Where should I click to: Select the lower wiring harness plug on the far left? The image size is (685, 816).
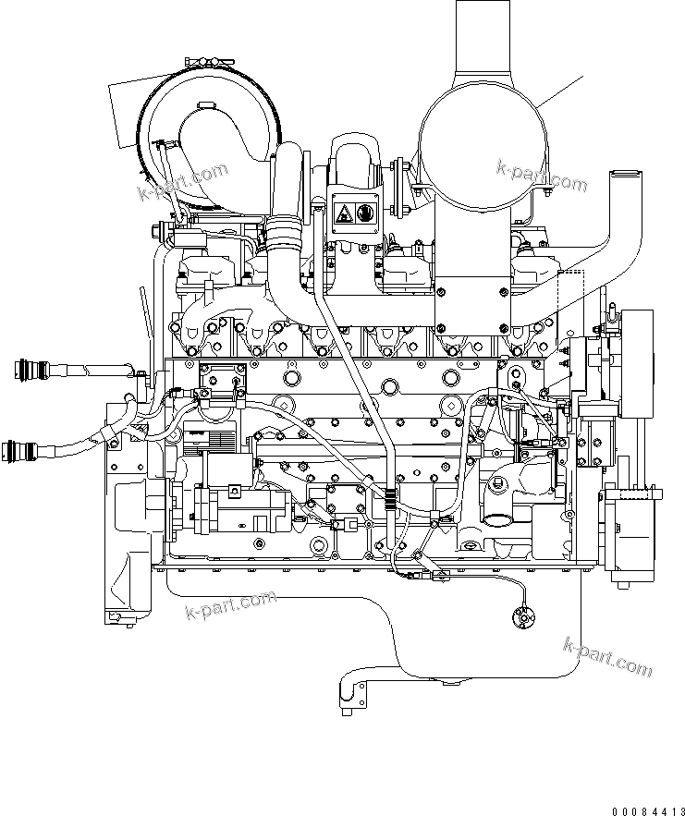[23, 452]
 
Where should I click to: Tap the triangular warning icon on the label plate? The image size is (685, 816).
[342, 214]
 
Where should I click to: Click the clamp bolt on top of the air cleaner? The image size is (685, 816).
[210, 62]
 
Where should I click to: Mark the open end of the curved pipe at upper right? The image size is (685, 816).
[624, 173]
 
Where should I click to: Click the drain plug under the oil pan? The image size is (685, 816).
[451, 683]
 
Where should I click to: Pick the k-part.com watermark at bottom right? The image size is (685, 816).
[608, 657]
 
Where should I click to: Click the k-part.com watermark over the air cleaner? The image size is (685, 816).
[183, 181]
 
